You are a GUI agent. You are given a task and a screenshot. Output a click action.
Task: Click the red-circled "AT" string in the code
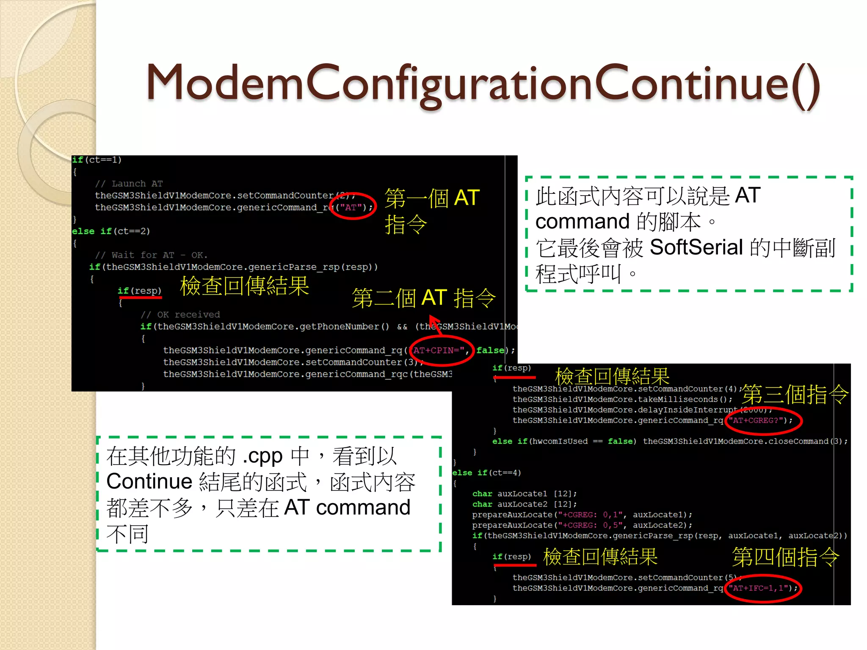[351, 207]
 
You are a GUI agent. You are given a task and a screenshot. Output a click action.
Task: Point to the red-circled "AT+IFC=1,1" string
[760, 588]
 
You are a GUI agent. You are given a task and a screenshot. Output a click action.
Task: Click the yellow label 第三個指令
[795, 394]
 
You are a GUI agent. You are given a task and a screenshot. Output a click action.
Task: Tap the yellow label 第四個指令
[786, 556]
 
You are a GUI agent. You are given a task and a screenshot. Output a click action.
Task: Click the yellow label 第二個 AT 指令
[423, 298]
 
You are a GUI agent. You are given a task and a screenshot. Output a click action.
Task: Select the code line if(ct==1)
[97, 160]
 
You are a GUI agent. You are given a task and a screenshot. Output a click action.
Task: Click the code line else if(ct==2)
[111, 231]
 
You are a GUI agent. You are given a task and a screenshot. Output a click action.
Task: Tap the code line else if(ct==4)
[486, 473]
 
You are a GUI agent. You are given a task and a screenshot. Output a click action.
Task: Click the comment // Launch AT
[129, 184]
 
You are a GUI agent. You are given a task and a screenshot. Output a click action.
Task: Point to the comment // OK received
[180, 314]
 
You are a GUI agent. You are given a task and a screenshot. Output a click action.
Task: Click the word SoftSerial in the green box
[696, 247]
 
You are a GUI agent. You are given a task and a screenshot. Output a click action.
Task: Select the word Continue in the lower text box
[149, 482]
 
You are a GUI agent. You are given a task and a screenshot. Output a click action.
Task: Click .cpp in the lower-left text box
[262, 456]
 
